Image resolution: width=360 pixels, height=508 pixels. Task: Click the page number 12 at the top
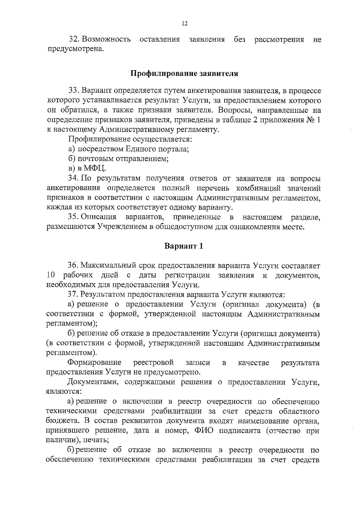point(184,24)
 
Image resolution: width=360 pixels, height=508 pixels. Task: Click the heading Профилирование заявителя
point(184,73)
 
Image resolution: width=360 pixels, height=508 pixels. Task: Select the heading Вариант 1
point(184,246)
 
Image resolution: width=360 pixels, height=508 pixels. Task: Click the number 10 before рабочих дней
point(51,275)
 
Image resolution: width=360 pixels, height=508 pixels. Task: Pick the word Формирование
point(94,363)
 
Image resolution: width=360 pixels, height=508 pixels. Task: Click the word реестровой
point(154,363)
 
